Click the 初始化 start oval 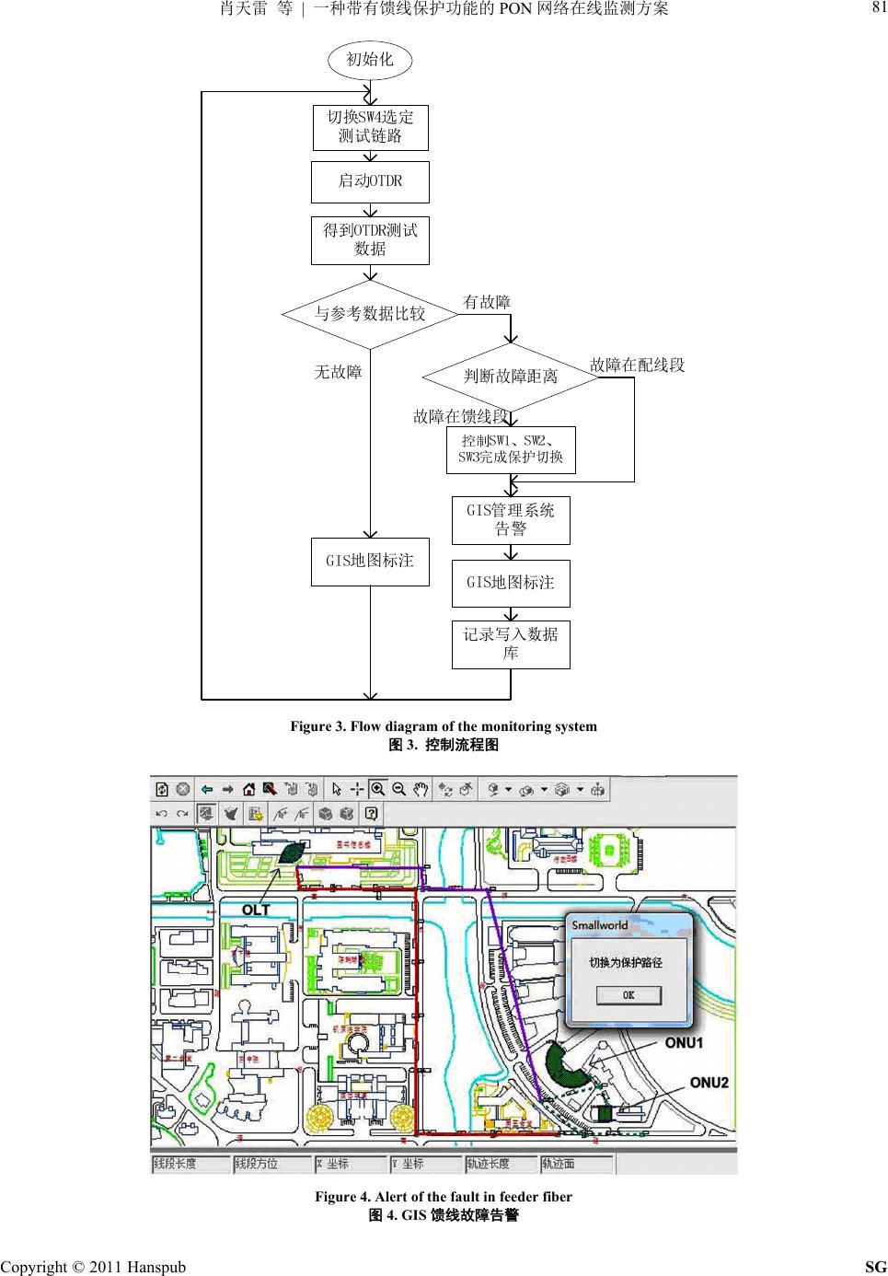(x=369, y=60)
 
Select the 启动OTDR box (x=370, y=180)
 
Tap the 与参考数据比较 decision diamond (x=370, y=314)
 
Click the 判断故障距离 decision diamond (x=510, y=376)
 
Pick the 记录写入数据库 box (x=511, y=644)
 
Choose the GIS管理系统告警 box (x=511, y=519)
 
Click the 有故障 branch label (x=487, y=302)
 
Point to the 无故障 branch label (x=338, y=372)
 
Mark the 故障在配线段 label (x=637, y=365)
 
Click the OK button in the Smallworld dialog (x=628, y=995)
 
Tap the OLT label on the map (x=256, y=910)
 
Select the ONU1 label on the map (x=684, y=1043)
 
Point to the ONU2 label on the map (x=709, y=1083)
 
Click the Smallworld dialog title (x=600, y=925)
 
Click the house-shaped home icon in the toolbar (x=249, y=789)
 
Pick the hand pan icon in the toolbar (x=421, y=789)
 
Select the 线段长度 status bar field (x=175, y=1164)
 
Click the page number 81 (x=879, y=8)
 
